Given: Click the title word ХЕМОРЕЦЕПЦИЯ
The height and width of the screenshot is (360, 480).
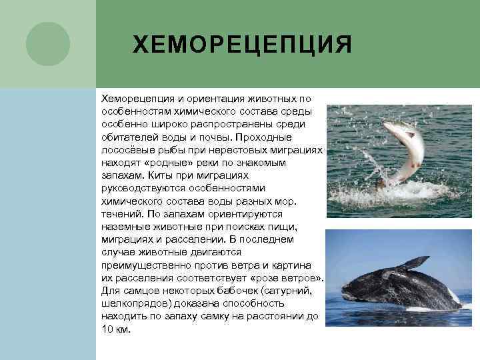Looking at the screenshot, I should [242, 45].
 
